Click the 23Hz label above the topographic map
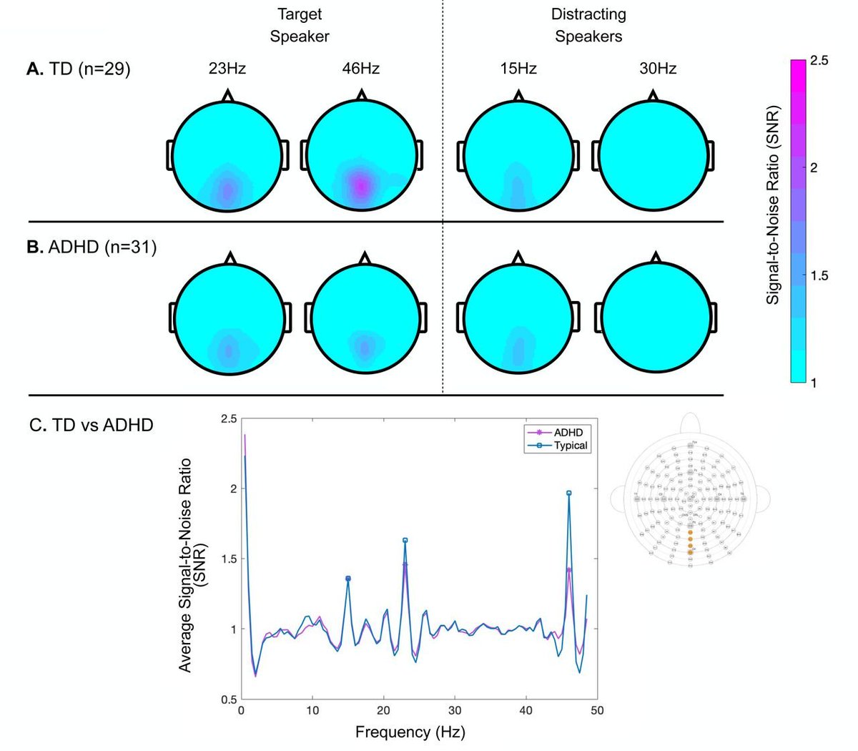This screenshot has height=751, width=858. point(227,69)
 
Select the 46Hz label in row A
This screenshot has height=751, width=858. point(361,69)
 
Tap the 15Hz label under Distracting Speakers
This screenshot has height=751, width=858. point(518,69)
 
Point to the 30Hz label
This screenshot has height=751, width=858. point(658,69)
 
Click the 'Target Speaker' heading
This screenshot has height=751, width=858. point(300,25)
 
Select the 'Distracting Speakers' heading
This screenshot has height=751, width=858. point(588,25)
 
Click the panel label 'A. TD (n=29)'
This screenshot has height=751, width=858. point(79,69)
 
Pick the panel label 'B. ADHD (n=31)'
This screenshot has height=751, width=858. point(92,248)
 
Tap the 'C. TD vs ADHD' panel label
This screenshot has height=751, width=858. point(92,425)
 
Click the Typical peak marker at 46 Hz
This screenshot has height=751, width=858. point(569,494)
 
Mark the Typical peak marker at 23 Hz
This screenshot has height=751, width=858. point(405,541)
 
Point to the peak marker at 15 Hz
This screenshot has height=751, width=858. point(348,579)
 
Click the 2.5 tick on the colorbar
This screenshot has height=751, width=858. point(819,62)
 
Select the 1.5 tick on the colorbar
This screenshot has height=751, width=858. point(819,276)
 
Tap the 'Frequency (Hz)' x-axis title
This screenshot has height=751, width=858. point(410,732)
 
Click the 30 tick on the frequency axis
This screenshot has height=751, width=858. point(455,710)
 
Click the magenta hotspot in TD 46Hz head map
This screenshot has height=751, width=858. point(362,187)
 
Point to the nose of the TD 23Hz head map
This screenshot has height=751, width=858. point(227,95)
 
